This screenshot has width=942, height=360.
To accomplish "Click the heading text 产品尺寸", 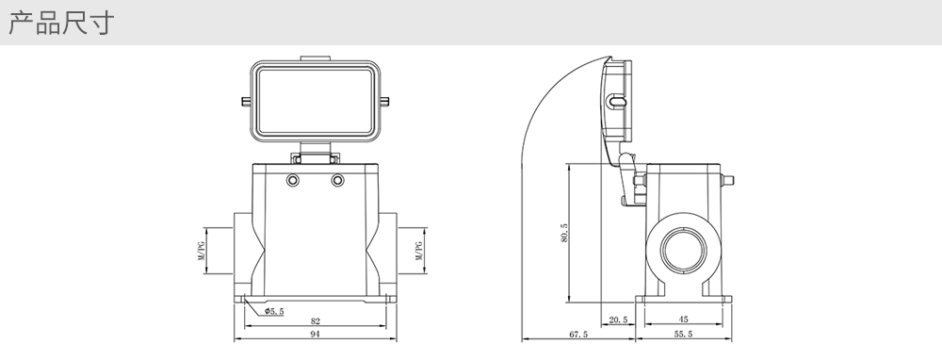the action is tap(60, 23).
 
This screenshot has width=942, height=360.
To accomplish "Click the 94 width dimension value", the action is tap(315, 335).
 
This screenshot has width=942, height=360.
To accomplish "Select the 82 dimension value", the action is tap(315, 321).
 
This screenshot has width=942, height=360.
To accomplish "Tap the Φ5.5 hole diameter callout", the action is tap(274, 311).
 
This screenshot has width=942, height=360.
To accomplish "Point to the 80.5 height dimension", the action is tap(564, 233).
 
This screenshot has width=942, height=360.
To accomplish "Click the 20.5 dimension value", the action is tap(618, 319).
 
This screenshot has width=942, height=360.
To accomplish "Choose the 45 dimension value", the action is tap(683, 319).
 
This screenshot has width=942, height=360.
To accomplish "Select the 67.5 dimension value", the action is tap(578, 335).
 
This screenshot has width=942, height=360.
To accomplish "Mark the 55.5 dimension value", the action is tap(683, 335).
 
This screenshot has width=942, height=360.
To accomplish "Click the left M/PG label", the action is tap(202, 251).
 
